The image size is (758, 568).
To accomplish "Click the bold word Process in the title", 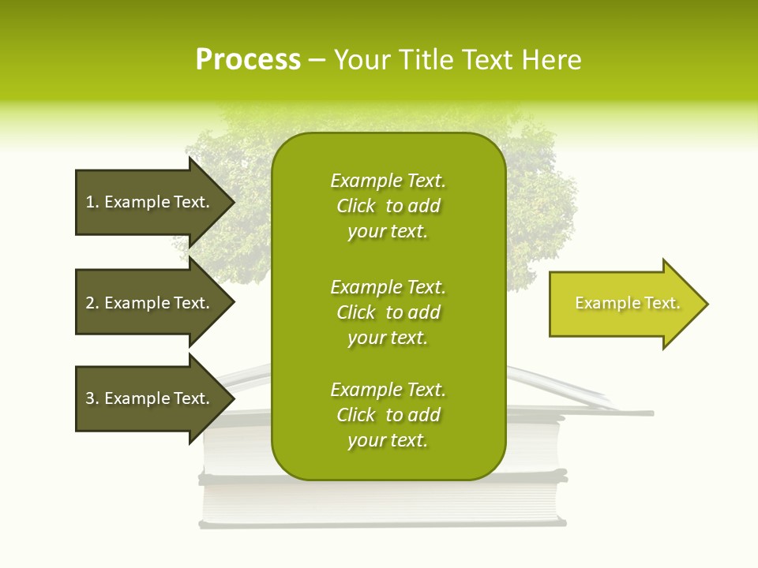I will (x=248, y=60).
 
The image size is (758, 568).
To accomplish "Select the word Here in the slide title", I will (x=551, y=60).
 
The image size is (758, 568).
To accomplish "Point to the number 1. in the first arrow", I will (x=92, y=202).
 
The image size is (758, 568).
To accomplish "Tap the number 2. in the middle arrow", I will (x=92, y=303).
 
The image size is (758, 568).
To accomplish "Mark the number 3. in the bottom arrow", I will (x=92, y=398).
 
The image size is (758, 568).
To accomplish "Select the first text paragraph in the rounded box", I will (x=388, y=206).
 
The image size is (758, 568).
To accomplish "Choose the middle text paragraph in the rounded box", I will (x=388, y=312).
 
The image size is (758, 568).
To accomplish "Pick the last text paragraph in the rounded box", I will (x=388, y=415).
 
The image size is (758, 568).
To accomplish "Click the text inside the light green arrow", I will (x=628, y=303).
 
